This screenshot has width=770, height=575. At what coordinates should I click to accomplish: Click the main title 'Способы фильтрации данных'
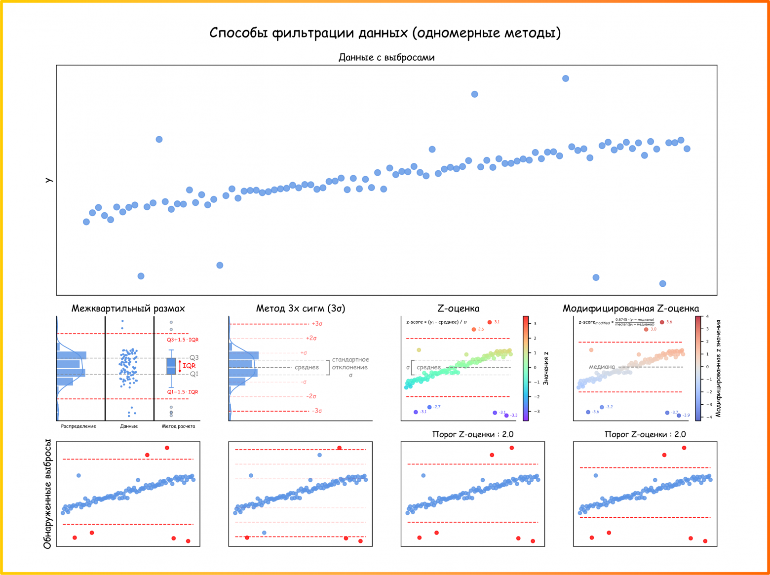point(385,33)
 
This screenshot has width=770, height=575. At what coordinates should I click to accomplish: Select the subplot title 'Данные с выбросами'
point(386,57)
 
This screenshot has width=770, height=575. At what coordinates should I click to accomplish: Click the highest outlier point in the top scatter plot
point(566,78)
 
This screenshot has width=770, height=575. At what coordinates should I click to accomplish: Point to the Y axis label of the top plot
point(48,180)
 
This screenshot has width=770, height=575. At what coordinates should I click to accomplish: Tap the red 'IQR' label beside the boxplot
point(189,366)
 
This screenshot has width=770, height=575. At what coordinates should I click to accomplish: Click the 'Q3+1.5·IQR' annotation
point(182,340)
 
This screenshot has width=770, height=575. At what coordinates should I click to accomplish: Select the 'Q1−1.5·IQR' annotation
point(182,392)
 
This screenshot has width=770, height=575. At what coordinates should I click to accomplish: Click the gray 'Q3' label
point(194,357)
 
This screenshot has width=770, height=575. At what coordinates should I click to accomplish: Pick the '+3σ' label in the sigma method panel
point(317,324)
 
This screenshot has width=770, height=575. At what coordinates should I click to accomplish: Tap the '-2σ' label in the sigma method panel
point(311,396)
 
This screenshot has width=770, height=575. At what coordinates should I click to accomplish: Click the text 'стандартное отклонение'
point(350,364)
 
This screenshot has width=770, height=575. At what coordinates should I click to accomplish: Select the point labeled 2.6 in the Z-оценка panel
point(474,329)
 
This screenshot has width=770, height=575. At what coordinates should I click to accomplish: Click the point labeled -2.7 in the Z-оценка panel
point(429,407)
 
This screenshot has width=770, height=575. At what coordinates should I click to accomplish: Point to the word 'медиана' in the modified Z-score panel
point(602,367)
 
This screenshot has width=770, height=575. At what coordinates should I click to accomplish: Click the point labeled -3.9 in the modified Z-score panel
point(679,416)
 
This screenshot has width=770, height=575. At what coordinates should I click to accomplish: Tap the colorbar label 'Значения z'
point(546,368)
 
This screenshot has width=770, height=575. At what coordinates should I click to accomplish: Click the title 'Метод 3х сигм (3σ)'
point(301,308)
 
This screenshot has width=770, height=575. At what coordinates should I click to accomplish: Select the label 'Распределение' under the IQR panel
point(78,426)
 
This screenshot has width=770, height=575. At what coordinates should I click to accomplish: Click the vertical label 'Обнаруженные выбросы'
point(47,494)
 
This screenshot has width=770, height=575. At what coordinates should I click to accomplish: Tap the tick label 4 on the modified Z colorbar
point(707,316)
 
